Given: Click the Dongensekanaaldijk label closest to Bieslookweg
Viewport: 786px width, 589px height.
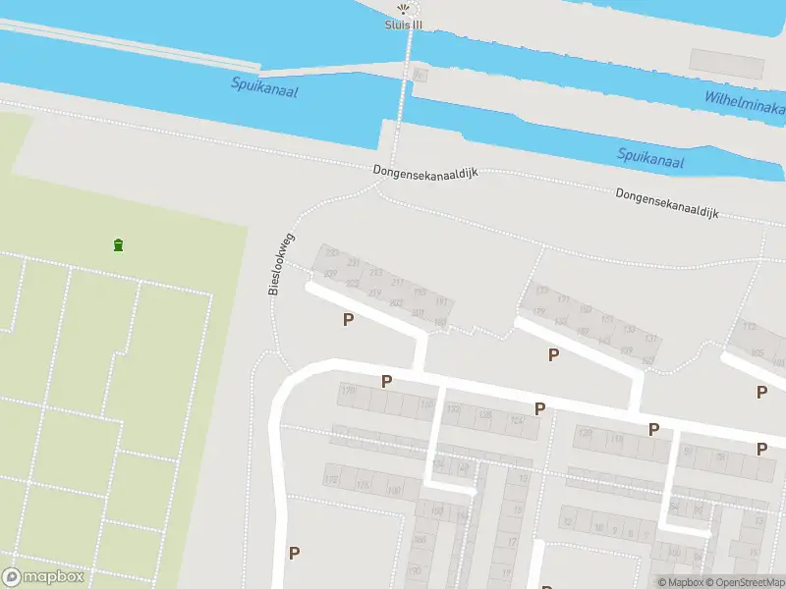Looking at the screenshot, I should (425, 171).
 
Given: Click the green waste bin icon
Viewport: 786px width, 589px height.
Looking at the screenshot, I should (119, 244).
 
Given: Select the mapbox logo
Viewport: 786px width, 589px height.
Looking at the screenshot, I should (43, 577).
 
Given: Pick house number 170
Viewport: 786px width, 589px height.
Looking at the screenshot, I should (348, 391).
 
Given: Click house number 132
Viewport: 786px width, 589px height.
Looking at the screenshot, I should (454, 408).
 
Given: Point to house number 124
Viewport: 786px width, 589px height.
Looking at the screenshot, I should (516, 421).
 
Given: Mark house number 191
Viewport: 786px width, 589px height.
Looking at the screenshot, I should (441, 301).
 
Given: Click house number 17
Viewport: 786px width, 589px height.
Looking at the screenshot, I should (512, 541).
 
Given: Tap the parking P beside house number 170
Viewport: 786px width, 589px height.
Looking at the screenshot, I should (386, 381).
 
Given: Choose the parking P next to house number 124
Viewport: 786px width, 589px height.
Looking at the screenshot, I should (539, 408).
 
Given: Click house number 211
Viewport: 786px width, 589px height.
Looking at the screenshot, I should (398, 283).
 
